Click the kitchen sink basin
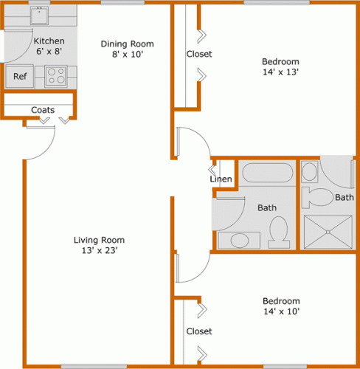[39, 15]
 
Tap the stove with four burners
[56, 76]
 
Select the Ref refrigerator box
[20, 76]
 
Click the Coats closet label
[43, 110]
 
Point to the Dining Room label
[128, 44]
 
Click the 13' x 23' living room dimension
[100, 250]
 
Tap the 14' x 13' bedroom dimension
[280, 72]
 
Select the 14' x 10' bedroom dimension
[282, 311]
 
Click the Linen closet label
[221, 179]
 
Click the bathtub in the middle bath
[268, 173]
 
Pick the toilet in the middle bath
[279, 232]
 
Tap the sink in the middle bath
[240, 241]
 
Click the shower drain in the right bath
[328, 232]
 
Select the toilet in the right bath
[317, 197]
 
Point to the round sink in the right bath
[309, 171]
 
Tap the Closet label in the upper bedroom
[199, 54]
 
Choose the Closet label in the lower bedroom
[199, 331]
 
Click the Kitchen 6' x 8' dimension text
[49, 51]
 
